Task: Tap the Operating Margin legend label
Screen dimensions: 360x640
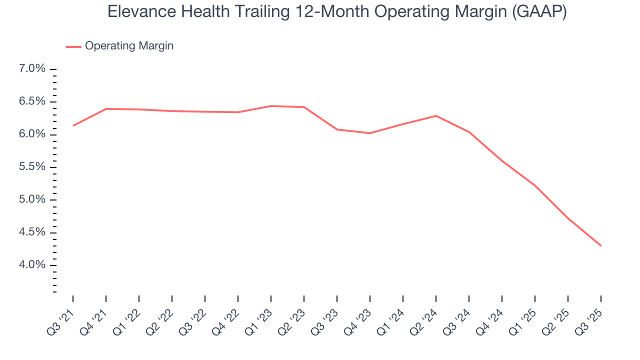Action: point(129,46)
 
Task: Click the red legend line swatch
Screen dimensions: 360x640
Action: point(73,46)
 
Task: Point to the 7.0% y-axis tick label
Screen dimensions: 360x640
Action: point(32,69)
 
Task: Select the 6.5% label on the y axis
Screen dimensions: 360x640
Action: point(32,101)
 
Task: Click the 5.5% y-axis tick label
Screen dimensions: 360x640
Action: point(32,167)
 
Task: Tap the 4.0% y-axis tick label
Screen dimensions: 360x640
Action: point(32,265)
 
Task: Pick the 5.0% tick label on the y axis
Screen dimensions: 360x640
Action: point(32,199)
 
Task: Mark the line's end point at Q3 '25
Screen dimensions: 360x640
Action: point(600,245)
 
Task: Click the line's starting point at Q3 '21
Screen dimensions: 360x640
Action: point(73,125)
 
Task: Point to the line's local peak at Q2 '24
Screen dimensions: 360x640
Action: point(436,115)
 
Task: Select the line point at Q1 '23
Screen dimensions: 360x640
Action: point(271,106)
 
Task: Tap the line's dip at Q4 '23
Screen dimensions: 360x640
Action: point(370,133)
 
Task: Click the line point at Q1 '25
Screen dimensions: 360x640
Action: point(535,185)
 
